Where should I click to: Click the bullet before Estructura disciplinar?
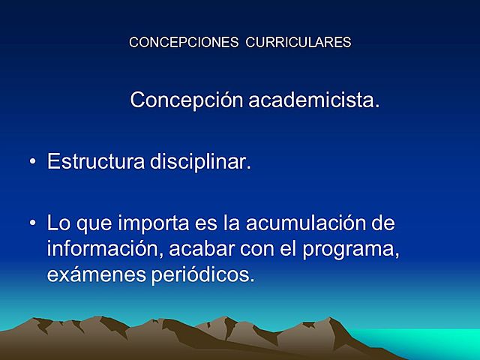click(33, 163)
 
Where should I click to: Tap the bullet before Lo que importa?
click(33, 224)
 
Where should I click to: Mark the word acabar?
click(192, 249)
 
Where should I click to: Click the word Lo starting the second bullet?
click(57, 223)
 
